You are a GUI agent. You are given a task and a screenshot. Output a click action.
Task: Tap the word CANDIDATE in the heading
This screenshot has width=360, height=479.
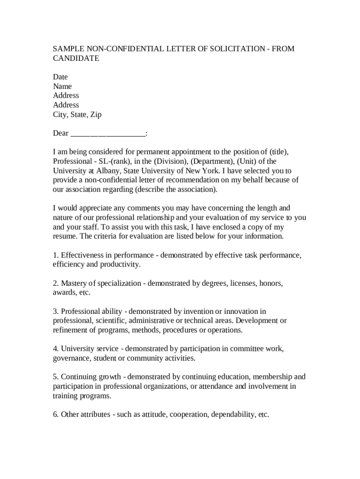pyautogui.click(x=76, y=58)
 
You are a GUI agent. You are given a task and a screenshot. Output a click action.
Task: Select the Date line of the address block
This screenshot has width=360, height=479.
pyautogui.click(x=60, y=77)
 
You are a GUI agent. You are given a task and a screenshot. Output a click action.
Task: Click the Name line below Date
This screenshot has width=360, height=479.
pyautogui.click(x=62, y=86)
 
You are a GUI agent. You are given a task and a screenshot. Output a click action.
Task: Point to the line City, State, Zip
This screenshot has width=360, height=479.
pyautogui.click(x=77, y=114)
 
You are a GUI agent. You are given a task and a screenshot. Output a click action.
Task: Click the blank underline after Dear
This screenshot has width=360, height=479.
pyautogui.click(x=108, y=133)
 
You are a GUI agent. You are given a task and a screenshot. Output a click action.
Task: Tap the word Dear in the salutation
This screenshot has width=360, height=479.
pyautogui.click(x=61, y=133)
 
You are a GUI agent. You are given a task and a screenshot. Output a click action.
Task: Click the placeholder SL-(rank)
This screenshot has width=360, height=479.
pyautogui.click(x=110, y=161)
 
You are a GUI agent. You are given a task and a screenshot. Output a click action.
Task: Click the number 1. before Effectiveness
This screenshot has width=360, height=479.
pyautogui.click(x=56, y=255)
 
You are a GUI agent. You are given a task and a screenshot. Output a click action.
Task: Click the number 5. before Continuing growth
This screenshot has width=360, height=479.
pyautogui.click(x=56, y=377)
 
